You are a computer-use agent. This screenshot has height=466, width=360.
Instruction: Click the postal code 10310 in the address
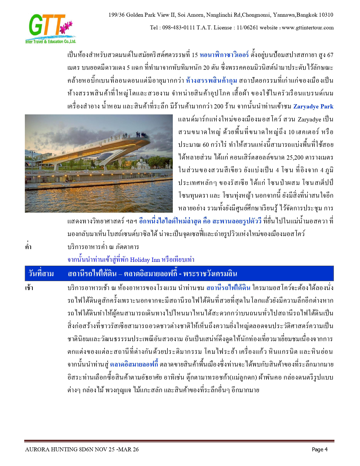pyautogui.click(x=326, y=15)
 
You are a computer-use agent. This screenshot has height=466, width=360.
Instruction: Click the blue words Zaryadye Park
pyautogui.click(x=313, y=107)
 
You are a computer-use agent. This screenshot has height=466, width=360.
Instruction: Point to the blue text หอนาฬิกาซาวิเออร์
pyautogui.click(x=224, y=55)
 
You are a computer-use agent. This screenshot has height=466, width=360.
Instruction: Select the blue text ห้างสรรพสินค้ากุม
pyautogui.click(x=211, y=81)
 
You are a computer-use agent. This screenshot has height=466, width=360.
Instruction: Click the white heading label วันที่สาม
pyautogui.click(x=41, y=274)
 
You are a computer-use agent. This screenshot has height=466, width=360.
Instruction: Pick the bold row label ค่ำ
pyautogui.click(x=28, y=247)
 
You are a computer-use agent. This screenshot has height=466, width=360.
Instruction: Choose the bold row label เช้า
pyautogui.click(x=29, y=288)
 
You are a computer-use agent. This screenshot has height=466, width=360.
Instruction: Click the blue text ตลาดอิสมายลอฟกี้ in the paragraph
pyautogui.click(x=134, y=365)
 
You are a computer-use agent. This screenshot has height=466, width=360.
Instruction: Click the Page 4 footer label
pyautogui.click(x=320, y=449)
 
